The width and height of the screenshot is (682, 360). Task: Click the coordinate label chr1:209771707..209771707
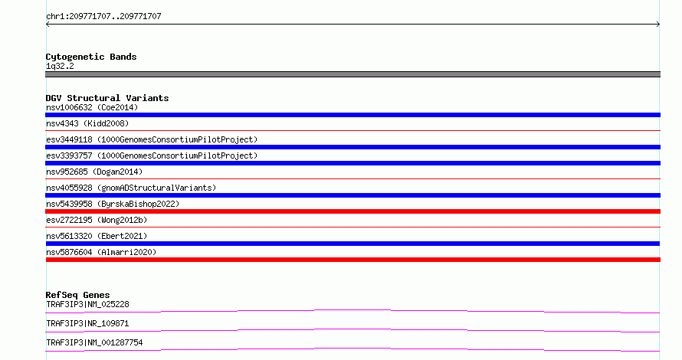pyautogui.click(x=103, y=17)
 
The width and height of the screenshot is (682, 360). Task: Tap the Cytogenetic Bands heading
pyautogui.click(x=91, y=57)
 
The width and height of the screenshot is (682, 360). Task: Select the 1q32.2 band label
pyautogui.click(x=60, y=66)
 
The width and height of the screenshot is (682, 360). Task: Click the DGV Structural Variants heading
pyautogui.click(x=107, y=98)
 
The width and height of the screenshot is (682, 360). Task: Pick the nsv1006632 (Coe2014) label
pyautogui.click(x=92, y=107)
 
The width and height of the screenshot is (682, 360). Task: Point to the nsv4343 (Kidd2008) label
pyautogui.click(x=87, y=123)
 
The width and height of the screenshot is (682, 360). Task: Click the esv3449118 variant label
pyautogui.click(x=152, y=139)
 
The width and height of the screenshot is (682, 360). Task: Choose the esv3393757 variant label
pyautogui.click(x=152, y=155)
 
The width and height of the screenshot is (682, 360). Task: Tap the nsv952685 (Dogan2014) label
pyautogui.click(x=94, y=172)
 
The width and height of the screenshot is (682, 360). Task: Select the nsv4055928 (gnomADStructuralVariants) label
pyautogui.click(x=131, y=188)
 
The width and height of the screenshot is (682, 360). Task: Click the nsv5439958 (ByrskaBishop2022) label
pyautogui.click(x=113, y=204)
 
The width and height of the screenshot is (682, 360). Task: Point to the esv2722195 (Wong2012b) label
pyautogui.click(x=97, y=220)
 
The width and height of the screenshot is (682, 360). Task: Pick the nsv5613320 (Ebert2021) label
pyautogui.click(x=97, y=236)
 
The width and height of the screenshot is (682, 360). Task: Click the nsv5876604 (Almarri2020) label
pyautogui.click(x=101, y=252)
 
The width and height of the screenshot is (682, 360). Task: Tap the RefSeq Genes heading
pyautogui.click(x=77, y=295)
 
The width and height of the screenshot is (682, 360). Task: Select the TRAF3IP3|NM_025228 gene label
pyautogui.click(x=87, y=304)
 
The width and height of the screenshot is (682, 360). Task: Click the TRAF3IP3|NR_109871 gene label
pyautogui.click(x=87, y=323)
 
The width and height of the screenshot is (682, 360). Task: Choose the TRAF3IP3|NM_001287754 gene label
pyautogui.click(x=94, y=342)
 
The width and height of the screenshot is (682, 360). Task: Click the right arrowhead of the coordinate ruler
pyautogui.click(x=659, y=25)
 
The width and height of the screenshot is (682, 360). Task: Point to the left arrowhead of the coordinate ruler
pyautogui.click(x=47, y=25)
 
